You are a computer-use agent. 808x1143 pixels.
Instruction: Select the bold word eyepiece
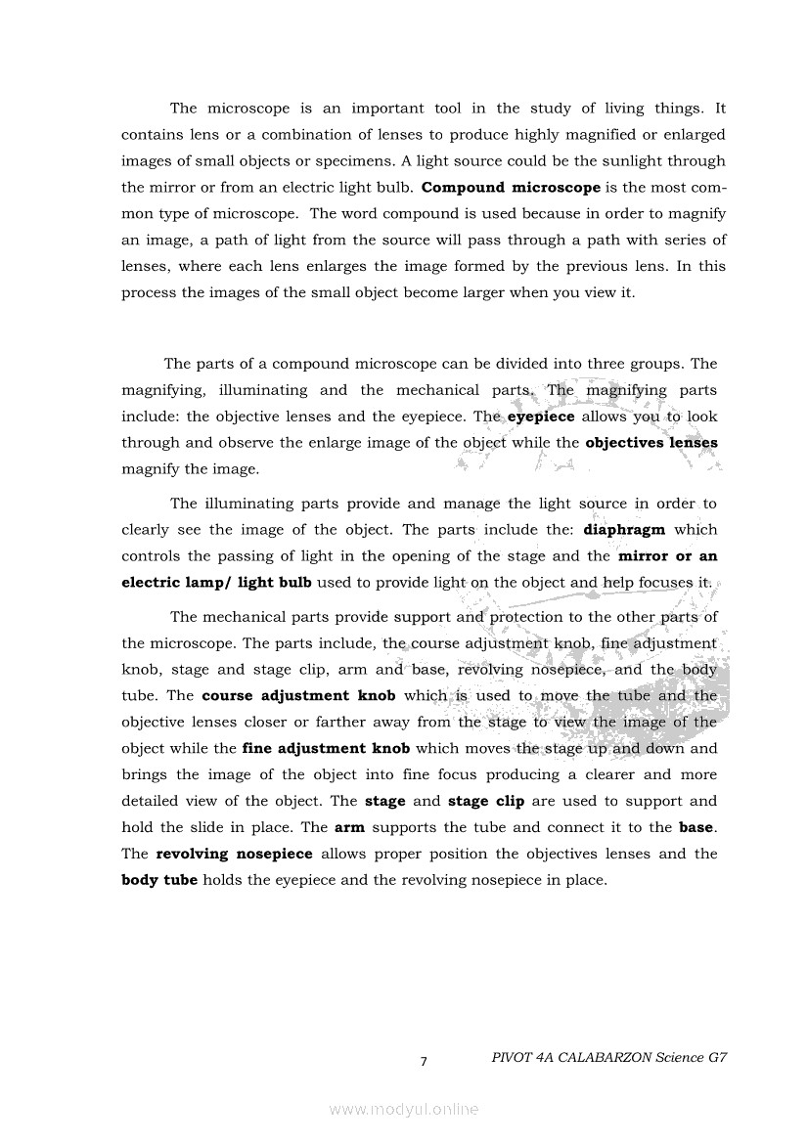pyautogui.click(x=541, y=416)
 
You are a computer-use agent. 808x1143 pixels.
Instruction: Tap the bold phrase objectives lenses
pyautogui.click(x=651, y=442)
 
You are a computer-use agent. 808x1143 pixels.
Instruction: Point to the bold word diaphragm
pyautogui.click(x=623, y=530)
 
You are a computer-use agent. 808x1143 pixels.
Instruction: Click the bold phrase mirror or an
pyautogui.click(x=667, y=556)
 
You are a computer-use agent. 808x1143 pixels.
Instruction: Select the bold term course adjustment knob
pyautogui.click(x=275, y=696)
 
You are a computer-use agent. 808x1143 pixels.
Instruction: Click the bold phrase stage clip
pyautogui.click(x=486, y=801)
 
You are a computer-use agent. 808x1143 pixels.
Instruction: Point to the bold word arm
pyautogui.click(x=348, y=827)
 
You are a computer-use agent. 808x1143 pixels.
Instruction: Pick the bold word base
pyautogui.click(x=696, y=827)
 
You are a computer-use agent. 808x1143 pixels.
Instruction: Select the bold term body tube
pyautogui.click(x=159, y=880)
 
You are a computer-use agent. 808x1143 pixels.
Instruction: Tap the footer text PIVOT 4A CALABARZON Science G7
pyautogui.click(x=610, y=1057)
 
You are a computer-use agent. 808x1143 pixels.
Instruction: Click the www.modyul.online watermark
pyautogui.click(x=404, y=1109)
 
